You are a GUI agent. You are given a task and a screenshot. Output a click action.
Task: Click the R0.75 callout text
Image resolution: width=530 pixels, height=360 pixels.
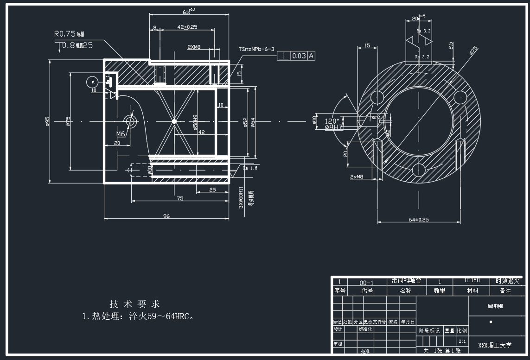pos(64,34)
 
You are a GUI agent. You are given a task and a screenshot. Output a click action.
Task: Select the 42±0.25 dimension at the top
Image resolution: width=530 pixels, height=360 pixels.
pos(187,27)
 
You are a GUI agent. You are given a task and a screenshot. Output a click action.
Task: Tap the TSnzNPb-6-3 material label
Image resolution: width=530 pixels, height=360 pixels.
pos(256,49)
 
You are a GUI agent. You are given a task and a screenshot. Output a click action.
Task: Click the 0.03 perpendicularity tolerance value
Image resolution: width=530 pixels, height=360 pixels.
pos(299,56)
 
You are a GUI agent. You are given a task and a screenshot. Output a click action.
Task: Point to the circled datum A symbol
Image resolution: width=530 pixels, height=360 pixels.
pos(93,82)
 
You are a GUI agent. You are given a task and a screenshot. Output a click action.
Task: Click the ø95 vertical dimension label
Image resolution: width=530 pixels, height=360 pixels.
pos(47,121)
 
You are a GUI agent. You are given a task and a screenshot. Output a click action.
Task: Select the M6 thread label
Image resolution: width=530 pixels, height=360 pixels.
pos(121,134)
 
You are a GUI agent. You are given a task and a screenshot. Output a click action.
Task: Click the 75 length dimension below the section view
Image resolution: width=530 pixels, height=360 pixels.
pos(180,198)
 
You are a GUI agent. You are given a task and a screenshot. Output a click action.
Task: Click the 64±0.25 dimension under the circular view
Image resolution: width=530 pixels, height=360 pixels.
pos(419,220)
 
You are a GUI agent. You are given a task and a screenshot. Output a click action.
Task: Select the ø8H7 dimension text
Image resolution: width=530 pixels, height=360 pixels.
pos(333,126)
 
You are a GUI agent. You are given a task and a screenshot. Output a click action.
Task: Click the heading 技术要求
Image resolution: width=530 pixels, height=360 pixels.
pos(135,304)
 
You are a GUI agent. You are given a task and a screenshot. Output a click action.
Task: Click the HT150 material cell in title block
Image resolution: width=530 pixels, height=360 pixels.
pos(472,281)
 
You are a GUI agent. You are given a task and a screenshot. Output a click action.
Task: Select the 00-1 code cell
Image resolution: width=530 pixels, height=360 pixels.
pos(366,282)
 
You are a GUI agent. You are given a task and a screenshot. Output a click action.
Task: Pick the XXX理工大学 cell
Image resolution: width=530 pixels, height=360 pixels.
pos(495,345)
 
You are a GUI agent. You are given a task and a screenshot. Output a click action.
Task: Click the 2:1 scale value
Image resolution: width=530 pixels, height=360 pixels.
pos(462,341)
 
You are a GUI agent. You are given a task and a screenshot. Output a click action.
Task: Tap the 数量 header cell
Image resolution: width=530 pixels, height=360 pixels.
pos(440,291)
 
